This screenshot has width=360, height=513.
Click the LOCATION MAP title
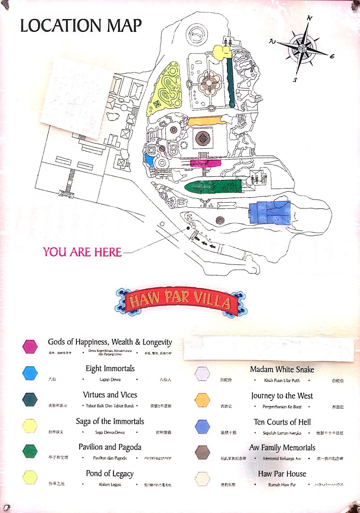click(x=81, y=26)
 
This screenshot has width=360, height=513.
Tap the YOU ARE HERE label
click(x=82, y=252)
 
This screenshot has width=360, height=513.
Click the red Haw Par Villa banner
click(x=180, y=301)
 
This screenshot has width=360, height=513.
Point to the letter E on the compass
click(x=332, y=56)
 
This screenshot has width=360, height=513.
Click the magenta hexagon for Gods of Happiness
click(x=30, y=347)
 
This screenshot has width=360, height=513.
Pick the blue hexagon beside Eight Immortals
click(x=30, y=373)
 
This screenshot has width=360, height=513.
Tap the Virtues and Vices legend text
click(x=110, y=395)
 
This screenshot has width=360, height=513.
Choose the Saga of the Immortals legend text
click(x=110, y=421)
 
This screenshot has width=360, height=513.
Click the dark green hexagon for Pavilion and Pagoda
click(x=30, y=451)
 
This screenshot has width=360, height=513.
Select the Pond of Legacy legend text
click(x=110, y=474)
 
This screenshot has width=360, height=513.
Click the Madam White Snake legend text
click(x=282, y=369)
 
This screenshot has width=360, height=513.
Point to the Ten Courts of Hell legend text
click(x=282, y=422)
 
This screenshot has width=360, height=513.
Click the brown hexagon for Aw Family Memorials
click(x=202, y=452)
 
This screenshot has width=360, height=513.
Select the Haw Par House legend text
click(x=282, y=474)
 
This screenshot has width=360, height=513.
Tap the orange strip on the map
click(x=205, y=121)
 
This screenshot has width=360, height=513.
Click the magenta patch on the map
click(x=205, y=164)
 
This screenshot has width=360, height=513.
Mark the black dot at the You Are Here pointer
click(x=188, y=228)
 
